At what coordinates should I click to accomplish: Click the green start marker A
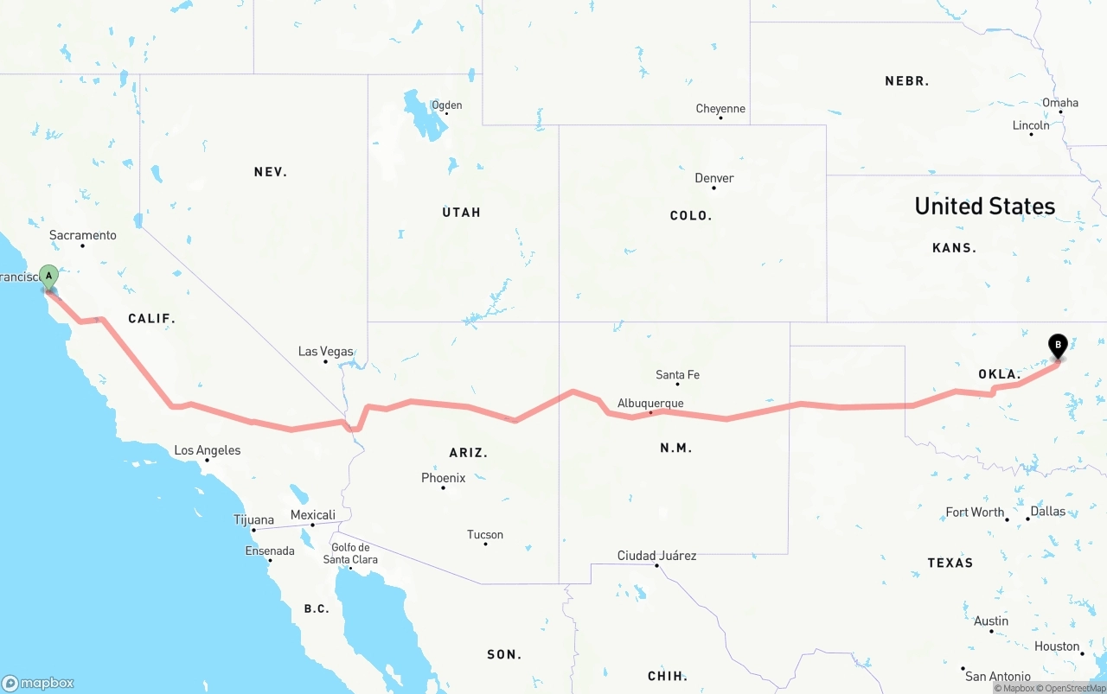[49, 277]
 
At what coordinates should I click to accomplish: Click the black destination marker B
[1057, 346]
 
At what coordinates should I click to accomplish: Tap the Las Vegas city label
[325, 351]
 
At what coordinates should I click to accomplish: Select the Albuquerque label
[650, 403]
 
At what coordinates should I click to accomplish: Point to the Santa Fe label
[677, 374]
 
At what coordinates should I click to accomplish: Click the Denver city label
[714, 178]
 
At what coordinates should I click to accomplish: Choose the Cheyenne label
[720, 108]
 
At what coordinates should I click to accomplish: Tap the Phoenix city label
[443, 478]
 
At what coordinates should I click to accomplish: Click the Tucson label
[485, 535]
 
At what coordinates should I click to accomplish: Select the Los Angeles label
[208, 450]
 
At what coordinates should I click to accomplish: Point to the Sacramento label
[82, 235]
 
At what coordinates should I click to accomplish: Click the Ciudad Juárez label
[656, 556]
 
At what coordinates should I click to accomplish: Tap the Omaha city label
[1060, 103]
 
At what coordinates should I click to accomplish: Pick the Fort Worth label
[975, 512]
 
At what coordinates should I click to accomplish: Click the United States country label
[985, 207]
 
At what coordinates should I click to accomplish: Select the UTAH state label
[461, 213]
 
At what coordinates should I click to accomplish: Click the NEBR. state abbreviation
[906, 81]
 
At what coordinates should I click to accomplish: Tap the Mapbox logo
[38, 683]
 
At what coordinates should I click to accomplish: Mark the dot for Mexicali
[312, 525]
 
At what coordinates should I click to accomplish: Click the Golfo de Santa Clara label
[350, 553]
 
